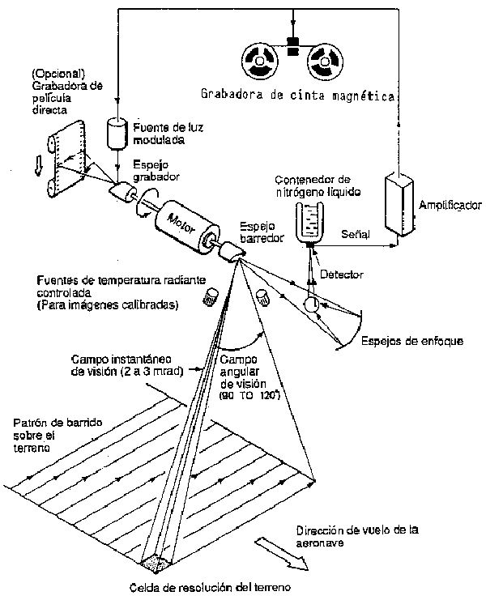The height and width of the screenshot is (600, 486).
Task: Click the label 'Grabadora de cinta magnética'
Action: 297,96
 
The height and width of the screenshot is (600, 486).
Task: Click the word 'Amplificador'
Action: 451,206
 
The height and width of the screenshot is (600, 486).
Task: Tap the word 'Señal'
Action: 355,235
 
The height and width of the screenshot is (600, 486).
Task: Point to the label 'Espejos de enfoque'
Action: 412,341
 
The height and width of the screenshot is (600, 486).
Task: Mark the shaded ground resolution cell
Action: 156,561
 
